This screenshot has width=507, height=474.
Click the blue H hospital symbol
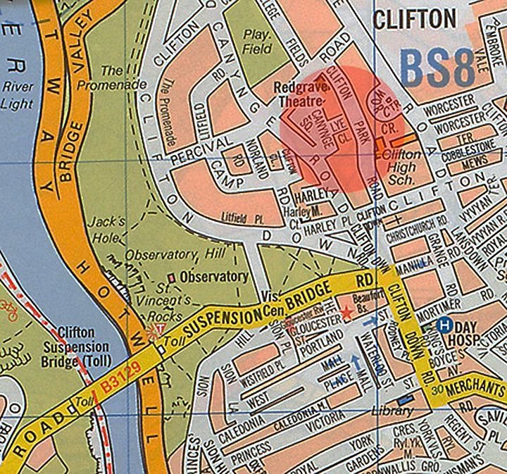(x=444, y=325)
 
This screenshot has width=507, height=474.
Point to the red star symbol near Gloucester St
(x=345, y=311)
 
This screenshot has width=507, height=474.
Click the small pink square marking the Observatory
(x=172, y=277)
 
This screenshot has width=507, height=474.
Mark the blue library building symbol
(x=404, y=401)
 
